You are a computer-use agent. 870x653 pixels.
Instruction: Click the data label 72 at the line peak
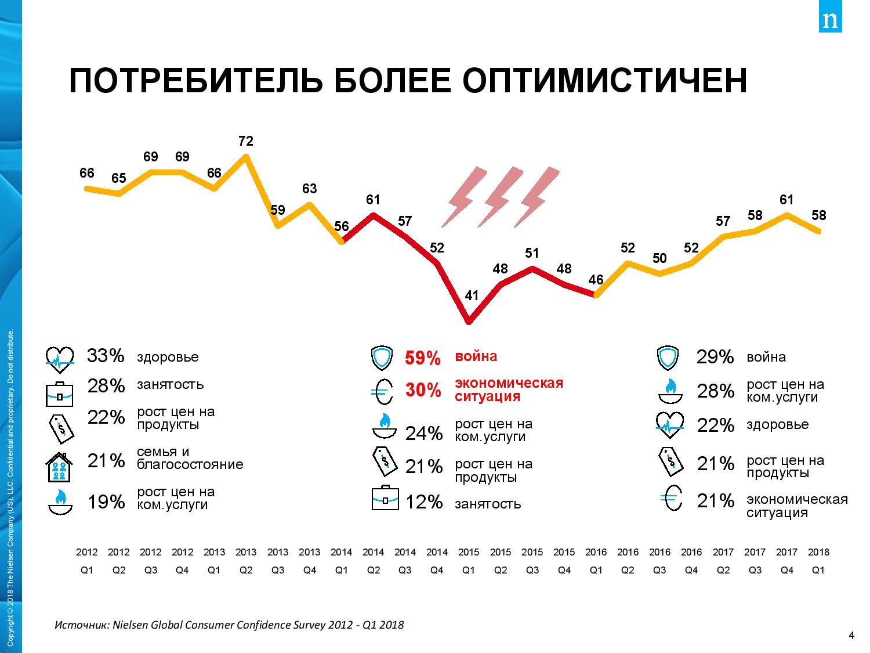click(246, 141)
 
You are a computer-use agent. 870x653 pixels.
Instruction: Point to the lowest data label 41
click(472, 295)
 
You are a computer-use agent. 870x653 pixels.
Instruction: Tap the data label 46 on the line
click(596, 280)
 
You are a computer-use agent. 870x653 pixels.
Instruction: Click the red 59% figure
click(423, 358)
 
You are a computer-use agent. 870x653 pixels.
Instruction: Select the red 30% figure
click(423, 391)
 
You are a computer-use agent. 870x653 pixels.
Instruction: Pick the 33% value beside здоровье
click(106, 356)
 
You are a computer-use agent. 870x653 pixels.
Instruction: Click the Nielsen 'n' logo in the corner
click(831, 20)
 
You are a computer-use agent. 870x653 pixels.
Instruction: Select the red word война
click(476, 356)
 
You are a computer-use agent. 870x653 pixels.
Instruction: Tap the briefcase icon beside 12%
click(385, 498)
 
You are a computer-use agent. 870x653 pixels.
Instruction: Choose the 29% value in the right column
click(715, 357)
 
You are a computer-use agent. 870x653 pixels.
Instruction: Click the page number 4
click(851, 636)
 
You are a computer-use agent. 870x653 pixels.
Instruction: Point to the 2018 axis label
click(818, 552)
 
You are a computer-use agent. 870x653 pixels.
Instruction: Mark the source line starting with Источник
click(229, 625)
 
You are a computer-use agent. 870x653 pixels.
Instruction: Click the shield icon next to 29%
click(668, 358)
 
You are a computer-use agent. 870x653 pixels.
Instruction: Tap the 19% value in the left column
click(106, 502)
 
